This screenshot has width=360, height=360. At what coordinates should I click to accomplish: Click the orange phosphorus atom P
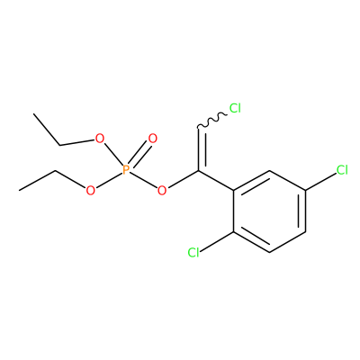(x=126, y=170)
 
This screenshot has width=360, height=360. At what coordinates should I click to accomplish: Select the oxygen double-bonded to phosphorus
(x=153, y=139)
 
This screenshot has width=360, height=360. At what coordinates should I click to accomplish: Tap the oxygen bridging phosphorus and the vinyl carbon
(x=162, y=190)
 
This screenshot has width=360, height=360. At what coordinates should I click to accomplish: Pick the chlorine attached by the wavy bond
(x=235, y=108)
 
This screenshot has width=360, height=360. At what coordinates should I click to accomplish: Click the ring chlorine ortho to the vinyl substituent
(x=193, y=253)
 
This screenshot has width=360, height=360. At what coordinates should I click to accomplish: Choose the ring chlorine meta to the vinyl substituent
(x=342, y=170)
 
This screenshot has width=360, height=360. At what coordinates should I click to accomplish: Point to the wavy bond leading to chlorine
(x=212, y=121)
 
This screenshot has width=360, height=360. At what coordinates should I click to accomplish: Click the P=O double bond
(x=139, y=154)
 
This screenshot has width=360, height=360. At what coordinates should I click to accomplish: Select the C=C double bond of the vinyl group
(x=202, y=149)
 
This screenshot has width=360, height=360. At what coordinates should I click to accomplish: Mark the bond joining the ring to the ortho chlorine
(x=217, y=241)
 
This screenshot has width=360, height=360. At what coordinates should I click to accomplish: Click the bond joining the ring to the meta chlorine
(x=321, y=181)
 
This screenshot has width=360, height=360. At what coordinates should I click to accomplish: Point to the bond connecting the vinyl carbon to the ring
(x=216, y=180)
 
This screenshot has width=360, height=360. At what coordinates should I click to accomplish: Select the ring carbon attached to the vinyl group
(x=234, y=190)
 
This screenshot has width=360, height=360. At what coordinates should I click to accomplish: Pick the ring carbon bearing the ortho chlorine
(x=234, y=231)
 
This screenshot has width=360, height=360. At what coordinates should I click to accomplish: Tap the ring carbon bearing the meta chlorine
(x=305, y=190)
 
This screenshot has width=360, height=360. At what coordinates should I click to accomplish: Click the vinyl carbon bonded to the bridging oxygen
(x=198, y=170)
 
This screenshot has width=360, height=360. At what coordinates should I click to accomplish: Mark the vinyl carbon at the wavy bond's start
(x=198, y=129)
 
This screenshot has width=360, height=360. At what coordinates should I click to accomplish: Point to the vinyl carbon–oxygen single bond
(x=183, y=179)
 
